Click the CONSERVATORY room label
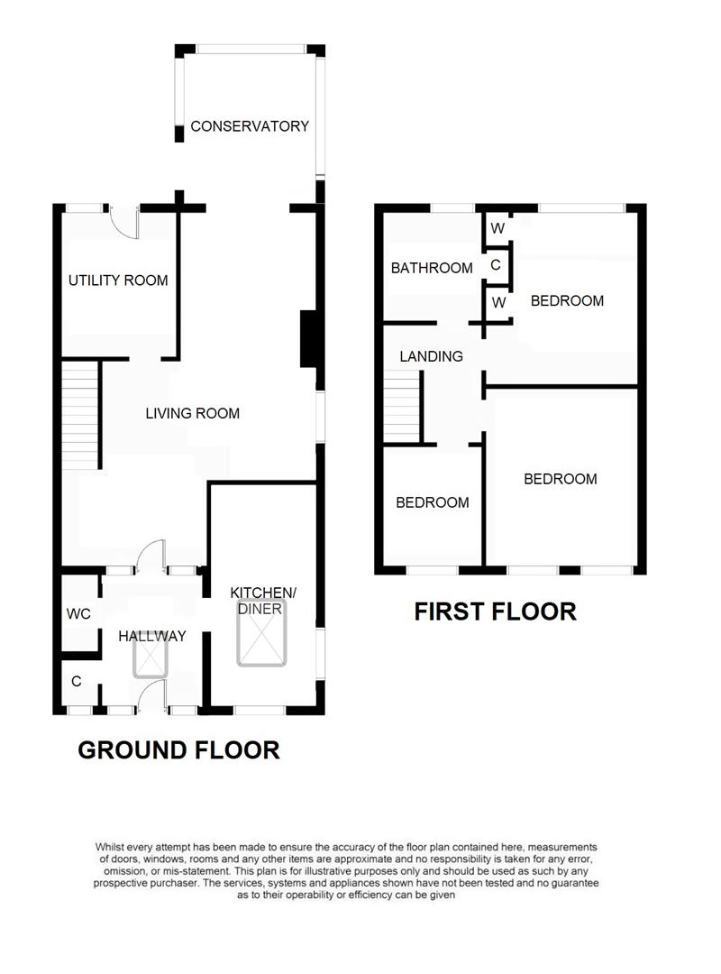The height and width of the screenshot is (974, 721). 250,126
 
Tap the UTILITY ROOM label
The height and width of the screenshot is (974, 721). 118,280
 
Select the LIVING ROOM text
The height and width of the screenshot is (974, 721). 193,414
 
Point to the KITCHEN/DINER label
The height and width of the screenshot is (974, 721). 262,601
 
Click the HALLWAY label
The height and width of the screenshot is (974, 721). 152,636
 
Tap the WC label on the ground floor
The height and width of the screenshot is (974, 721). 78,614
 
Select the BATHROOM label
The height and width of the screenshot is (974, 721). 432,268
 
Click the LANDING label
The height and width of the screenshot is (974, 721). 431,356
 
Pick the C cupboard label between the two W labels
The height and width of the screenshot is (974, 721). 496,266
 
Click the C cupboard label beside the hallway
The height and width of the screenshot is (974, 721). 77,682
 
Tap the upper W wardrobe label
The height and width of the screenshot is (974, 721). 497,228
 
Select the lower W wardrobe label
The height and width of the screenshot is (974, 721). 497,303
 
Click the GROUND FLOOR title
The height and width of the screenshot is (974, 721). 178,749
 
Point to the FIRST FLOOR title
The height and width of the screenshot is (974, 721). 495,611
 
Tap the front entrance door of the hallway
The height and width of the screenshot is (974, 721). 152,696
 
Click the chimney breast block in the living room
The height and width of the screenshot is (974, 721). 308,338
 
